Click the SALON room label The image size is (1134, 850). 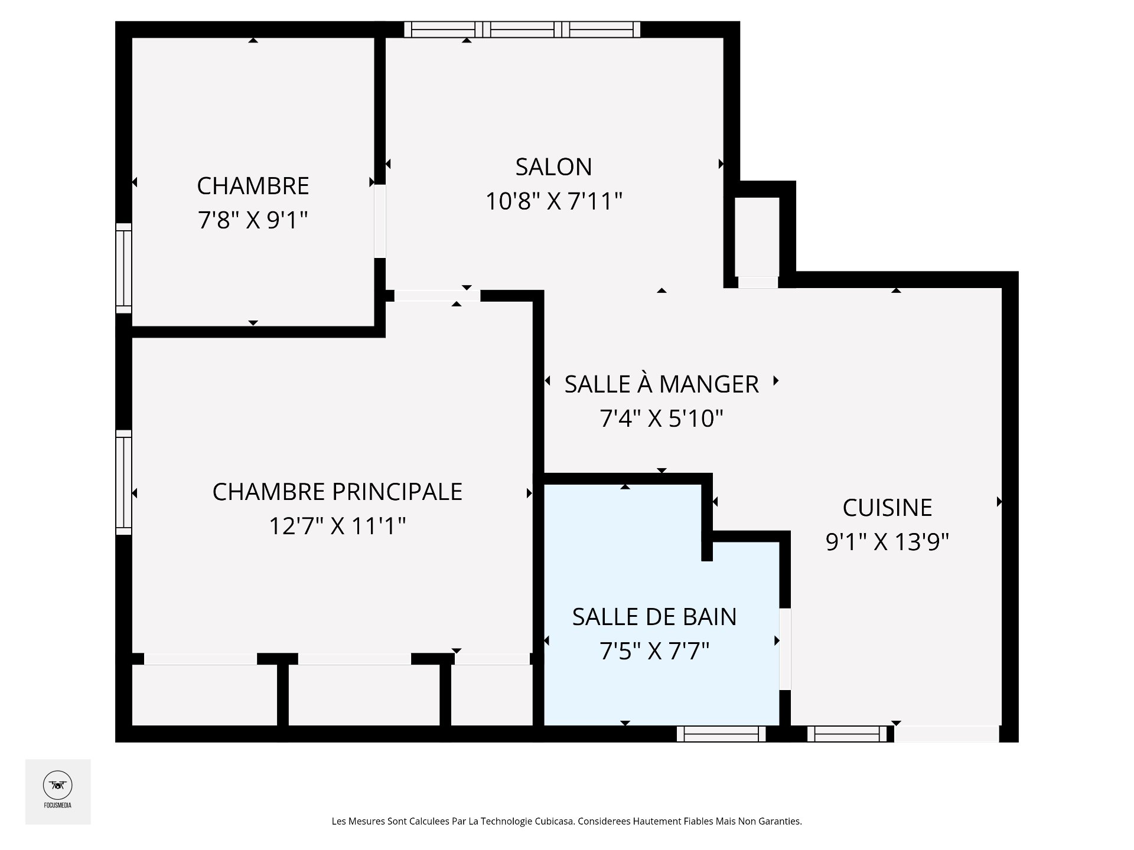click(x=553, y=167)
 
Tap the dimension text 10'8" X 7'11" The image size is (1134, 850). click(x=553, y=201)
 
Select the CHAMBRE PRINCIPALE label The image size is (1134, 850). click(x=337, y=492)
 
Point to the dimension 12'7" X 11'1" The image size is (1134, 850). click(x=337, y=525)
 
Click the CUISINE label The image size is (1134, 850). click(x=887, y=508)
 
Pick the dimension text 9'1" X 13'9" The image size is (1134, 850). click(x=887, y=541)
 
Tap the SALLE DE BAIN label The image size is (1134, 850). click(x=654, y=617)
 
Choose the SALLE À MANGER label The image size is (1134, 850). click(x=661, y=384)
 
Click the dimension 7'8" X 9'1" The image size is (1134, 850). click(x=253, y=220)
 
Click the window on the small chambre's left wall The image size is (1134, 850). click(x=123, y=268)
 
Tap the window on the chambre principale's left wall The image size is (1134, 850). click(x=123, y=482)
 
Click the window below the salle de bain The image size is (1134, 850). click(x=721, y=734)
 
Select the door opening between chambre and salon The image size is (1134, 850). click(x=380, y=221)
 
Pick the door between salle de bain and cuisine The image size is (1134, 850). click(x=785, y=649)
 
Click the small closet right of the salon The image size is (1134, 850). click(x=757, y=236)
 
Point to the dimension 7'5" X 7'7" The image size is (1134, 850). click(x=654, y=651)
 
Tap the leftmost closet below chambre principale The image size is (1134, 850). click(x=204, y=695)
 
